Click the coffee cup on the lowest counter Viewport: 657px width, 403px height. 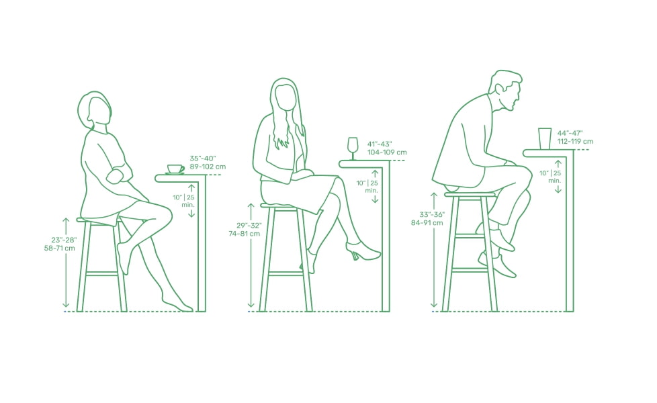pos(175,169)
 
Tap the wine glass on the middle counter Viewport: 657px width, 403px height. pos(353,148)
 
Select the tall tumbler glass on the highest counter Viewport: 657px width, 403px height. pos(545,138)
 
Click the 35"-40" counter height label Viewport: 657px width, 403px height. pos(203,159)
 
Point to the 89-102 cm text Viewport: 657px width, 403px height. pos(208,167)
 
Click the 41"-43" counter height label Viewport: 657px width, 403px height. pos(380,144)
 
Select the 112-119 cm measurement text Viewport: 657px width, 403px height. pos(575,142)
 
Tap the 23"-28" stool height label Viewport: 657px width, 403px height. pos(64,240)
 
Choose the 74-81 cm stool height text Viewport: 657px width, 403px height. pos(245,234)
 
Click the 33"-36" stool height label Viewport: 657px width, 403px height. pos(432,215)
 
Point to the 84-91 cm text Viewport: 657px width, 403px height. pos(427,223)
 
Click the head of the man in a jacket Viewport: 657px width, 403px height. pos(505,91)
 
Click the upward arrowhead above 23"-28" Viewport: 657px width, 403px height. pos(66,220)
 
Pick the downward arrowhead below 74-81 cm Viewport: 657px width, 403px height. pos(251,304)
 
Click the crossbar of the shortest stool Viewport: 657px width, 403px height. pos(102,274)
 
